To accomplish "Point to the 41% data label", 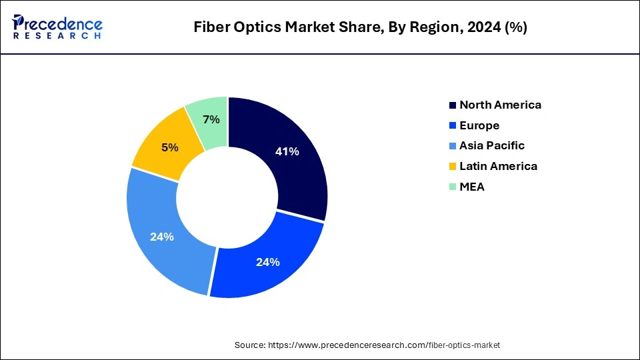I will click(x=287, y=151).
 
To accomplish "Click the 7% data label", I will click(x=211, y=120).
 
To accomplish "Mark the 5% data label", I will click(x=170, y=147).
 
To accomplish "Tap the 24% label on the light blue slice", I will click(x=162, y=237).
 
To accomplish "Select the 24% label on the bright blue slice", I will click(x=267, y=262).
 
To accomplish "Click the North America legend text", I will click(x=500, y=105).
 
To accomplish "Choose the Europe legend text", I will click(x=479, y=125).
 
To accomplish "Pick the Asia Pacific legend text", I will click(x=492, y=145).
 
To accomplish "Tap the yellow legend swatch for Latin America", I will click(x=453, y=167).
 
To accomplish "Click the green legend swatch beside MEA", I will click(x=453, y=187).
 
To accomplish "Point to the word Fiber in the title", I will click(x=210, y=27).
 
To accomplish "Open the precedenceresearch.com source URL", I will click(x=383, y=345).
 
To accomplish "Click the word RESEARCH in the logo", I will click(x=57, y=36).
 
